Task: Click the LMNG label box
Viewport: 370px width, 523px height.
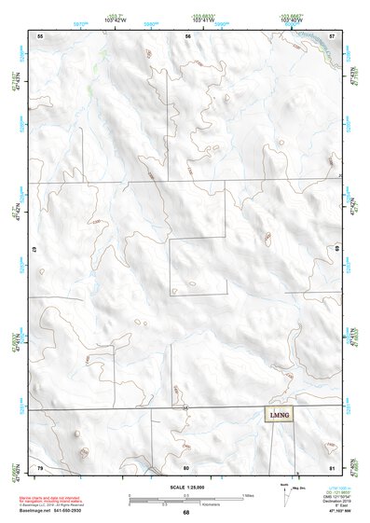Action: pyautogui.click(x=279, y=415)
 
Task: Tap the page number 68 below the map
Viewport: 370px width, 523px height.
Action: pyautogui.click(x=186, y=513)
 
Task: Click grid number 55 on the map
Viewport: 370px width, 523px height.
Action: pyautogui.click(x=40, y=34)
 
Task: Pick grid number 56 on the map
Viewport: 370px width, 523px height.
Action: pyautogui.click(x=187, y=34)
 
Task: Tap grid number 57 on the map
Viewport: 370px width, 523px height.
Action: pyautogui.click(x=332, y=34)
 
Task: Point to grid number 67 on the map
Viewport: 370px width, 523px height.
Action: pyautogui.click(x=34, y=250)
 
